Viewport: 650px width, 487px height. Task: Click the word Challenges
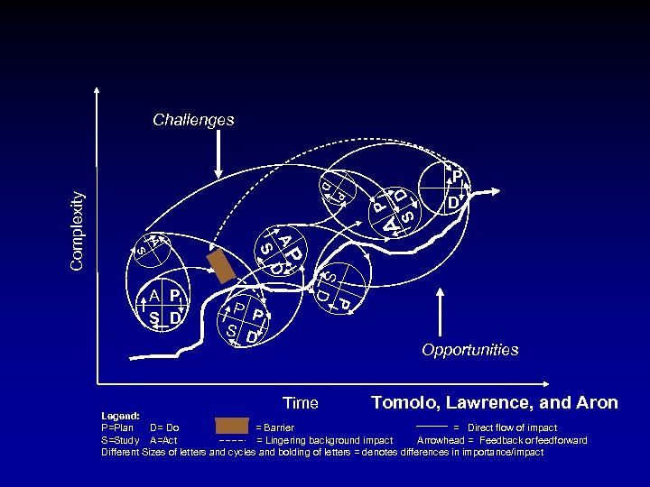(x=193, y=119)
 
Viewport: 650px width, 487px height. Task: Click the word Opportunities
(x=469, y=349)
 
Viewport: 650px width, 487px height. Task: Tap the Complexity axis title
(x=79, y=229)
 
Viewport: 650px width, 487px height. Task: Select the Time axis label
(x=300, y=403)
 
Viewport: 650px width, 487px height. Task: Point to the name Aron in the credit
(x=595, y=402)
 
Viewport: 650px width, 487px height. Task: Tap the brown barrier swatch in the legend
(x=232, y=427)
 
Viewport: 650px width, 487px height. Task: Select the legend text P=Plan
(x=118, y=427)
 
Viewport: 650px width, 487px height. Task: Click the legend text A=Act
(x=163, y=440)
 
